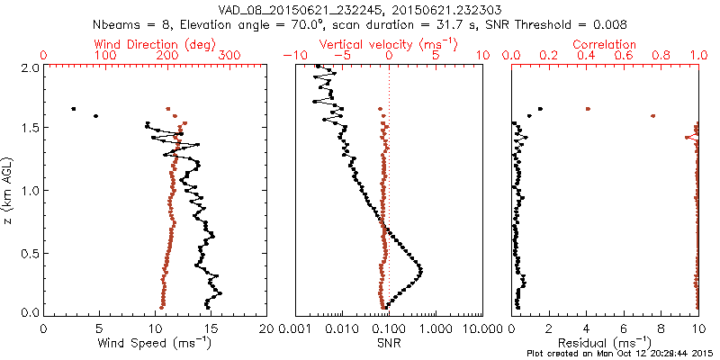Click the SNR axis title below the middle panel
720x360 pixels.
pos(388,342)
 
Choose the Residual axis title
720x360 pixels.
pos(616,342)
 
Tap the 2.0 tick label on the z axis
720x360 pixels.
pos(30,67)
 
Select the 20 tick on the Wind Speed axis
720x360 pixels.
pos(266,328)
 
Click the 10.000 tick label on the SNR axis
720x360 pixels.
pos(481,328)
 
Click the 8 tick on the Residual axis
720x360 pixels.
pos(661,328)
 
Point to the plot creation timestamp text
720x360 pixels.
pos(621,353)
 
